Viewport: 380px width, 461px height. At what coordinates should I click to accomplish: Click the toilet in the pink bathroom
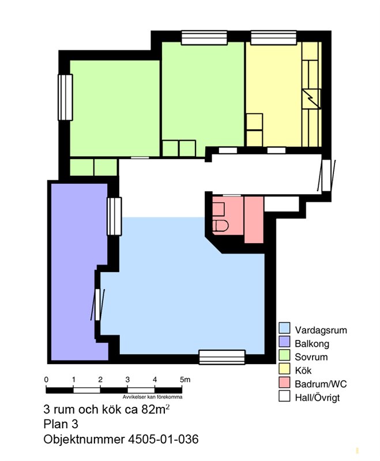(x=220, y=226)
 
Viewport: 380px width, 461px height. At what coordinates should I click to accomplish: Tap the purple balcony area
(x=79, y=272)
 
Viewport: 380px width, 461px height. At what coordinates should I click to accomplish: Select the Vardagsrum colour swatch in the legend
(x=284, y=328)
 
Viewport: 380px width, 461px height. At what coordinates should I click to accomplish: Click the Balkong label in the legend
(x=312, y=343)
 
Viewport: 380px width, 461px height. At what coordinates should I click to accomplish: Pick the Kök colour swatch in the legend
(x=284, y=369)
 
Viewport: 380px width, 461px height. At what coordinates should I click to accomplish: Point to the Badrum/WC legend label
(x=321, y=384)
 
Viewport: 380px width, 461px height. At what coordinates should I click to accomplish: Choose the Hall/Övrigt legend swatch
(x=284, y=396)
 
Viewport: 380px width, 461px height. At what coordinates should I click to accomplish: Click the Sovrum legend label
(x=311, y=357)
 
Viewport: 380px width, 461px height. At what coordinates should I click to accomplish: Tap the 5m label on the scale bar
(x=185, y=380)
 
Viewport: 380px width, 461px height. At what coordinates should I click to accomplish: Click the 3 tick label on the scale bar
(x=127, y=380)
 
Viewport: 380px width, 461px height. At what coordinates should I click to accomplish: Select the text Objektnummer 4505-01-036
(x=121, y=439)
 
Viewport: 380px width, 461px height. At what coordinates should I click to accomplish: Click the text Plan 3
(x=61, y=424)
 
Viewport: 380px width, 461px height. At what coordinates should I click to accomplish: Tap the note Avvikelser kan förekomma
(x=152, y=397)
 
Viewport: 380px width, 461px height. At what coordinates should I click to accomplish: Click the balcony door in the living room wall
(x=97, y=305)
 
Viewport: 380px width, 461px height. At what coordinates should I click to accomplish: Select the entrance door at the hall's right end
(x=326, y=176)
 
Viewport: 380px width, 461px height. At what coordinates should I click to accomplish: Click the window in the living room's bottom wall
(x=222, y=357)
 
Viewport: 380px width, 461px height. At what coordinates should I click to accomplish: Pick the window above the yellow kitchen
(x=273, y=37)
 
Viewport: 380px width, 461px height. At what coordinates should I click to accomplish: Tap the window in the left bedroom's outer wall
(x=65, y=97)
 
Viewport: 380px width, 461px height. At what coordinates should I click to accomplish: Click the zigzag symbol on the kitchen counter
(x=311, y=98)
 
